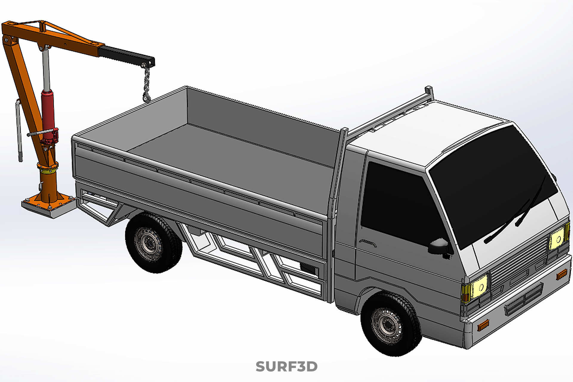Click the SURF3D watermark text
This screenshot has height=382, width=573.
point(286,366)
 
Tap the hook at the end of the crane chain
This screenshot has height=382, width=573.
point(147,97)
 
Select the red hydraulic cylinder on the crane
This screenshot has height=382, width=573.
point(48,115)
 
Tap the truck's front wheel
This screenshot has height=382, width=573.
point(391,324)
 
